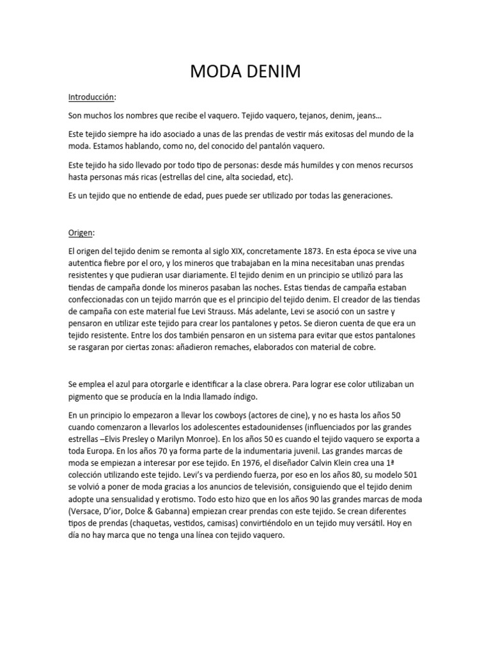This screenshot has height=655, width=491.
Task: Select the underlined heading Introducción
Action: pos(92,97)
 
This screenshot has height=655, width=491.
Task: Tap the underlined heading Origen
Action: pos(81,216)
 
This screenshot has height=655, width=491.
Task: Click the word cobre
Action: pos(363,347)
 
